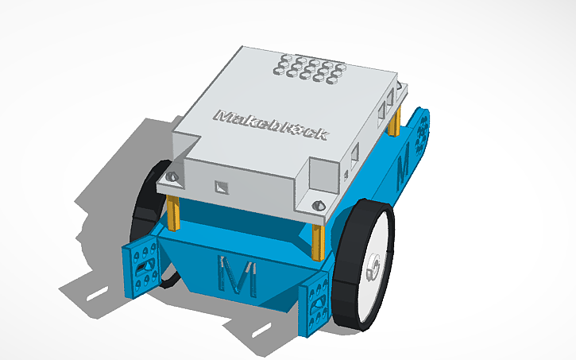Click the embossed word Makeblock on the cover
pyautogui.click(x=271, y=125)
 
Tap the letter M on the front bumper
pyautogui.click(x=236, y=274)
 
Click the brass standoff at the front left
pyautogui.click(x=173, y=211)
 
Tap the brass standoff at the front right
pyautogui.click(x=319, y=236)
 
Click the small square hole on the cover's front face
pyautogui.click(x=221, y=188)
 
